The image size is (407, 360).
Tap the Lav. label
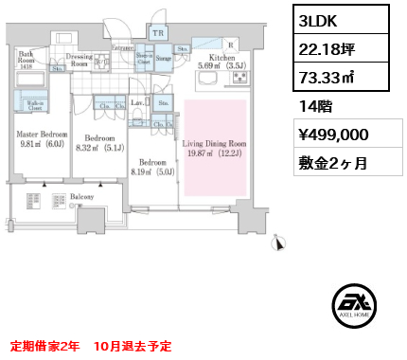(138, 103)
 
